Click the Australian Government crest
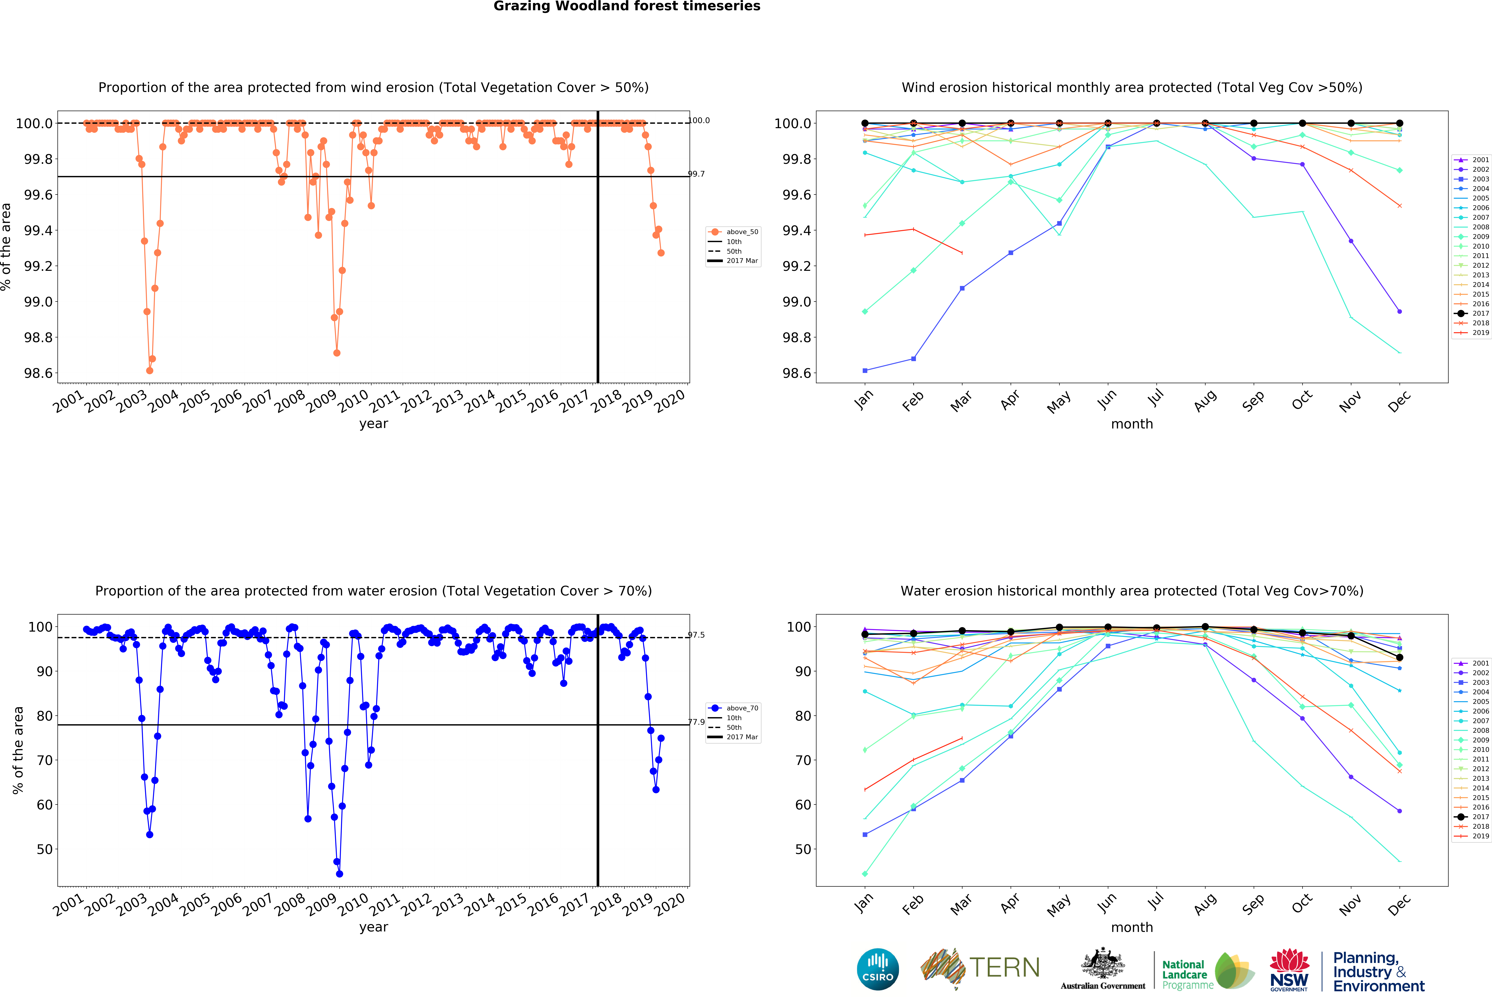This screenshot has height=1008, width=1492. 1102,963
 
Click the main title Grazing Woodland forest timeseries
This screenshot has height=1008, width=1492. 627,6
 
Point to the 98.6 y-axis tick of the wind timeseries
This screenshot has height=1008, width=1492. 39,373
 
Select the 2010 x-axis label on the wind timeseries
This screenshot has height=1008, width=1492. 353,401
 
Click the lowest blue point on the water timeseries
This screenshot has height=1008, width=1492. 340,874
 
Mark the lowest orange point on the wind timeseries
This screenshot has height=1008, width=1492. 150,370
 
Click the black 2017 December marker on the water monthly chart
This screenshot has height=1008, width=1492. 1400,657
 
